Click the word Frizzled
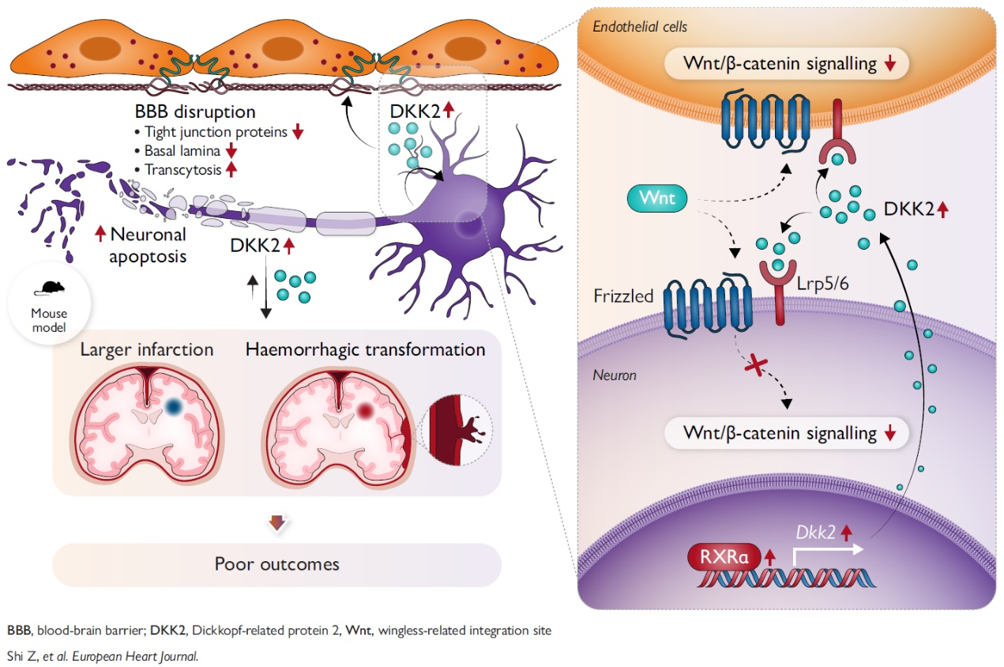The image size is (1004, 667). (x=624, y=296)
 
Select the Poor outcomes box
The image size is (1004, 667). (x=276, y=564)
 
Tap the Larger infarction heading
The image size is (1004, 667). (x=147, y=349)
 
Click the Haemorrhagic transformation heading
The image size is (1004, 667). (x=365, y=349)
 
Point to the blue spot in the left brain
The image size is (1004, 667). (x=175, y=407)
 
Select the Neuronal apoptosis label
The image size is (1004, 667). (x=148, y=245)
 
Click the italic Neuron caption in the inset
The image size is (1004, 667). (x=615, y=375)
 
